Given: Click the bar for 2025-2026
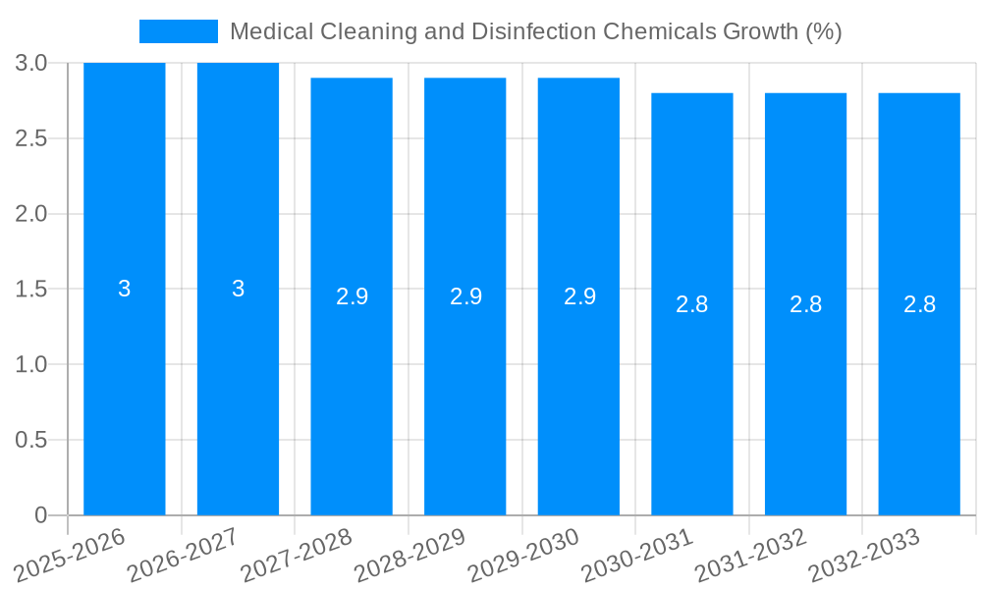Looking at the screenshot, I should point(125,393).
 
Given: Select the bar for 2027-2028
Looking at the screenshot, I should point(352,393).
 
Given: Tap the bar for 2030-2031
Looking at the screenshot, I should point(692,393).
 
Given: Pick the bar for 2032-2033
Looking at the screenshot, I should point(919,393).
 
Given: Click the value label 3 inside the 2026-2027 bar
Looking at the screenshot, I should point(238,289).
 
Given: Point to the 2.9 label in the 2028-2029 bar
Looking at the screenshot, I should point(465,296).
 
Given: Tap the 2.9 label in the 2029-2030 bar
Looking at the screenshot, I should point(579,296).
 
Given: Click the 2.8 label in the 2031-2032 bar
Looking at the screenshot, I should point(805,304).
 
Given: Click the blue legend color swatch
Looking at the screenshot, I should point(178,31).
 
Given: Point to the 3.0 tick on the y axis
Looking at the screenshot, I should point(31,63).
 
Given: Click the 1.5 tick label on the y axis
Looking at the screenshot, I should point(31,289).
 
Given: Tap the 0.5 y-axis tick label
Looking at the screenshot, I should point(31,440).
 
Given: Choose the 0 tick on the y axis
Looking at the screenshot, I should point(40,515).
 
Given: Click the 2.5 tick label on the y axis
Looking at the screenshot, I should point(31,138).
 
